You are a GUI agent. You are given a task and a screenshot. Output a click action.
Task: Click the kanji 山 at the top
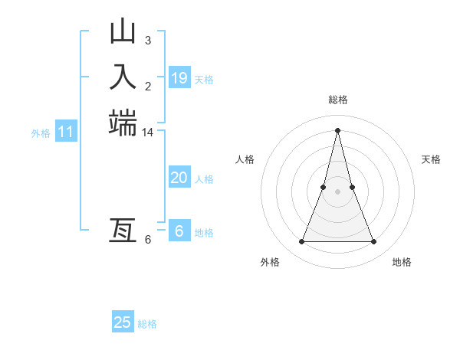[123, 33]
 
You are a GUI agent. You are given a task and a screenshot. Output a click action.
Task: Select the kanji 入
[123, 77]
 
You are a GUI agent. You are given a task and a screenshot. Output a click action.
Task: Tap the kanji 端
[123, 123]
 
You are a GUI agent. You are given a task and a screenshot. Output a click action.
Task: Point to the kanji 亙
[123, 230]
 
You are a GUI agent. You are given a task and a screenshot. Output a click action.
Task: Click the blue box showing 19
[179, 77]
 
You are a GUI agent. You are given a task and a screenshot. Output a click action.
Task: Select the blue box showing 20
[179, 178]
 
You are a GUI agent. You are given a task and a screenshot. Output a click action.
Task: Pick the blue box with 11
[66, 133]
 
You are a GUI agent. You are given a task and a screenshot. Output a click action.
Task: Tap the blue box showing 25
[123, 322]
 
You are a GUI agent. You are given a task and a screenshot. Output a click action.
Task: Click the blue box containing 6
[179, 231]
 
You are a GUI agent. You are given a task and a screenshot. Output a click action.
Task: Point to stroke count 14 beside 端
[148, 133]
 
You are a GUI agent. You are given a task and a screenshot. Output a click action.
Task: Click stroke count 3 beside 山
[148, 40]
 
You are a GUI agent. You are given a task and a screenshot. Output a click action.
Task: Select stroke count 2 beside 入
[148, 86]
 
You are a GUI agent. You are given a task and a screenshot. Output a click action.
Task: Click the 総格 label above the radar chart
[337, 100]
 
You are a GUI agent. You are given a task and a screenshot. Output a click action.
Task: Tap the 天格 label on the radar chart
[431, 159]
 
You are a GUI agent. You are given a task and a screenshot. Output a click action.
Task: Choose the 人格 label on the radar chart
[245, 159]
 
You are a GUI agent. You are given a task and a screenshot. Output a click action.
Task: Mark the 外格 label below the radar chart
[270, 262]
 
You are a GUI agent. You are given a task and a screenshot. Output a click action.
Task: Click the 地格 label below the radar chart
[402, 262]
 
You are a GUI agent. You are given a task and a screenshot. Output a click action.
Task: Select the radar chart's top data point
[337, 129]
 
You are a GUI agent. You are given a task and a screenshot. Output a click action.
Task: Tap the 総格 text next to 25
[147, 324]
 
